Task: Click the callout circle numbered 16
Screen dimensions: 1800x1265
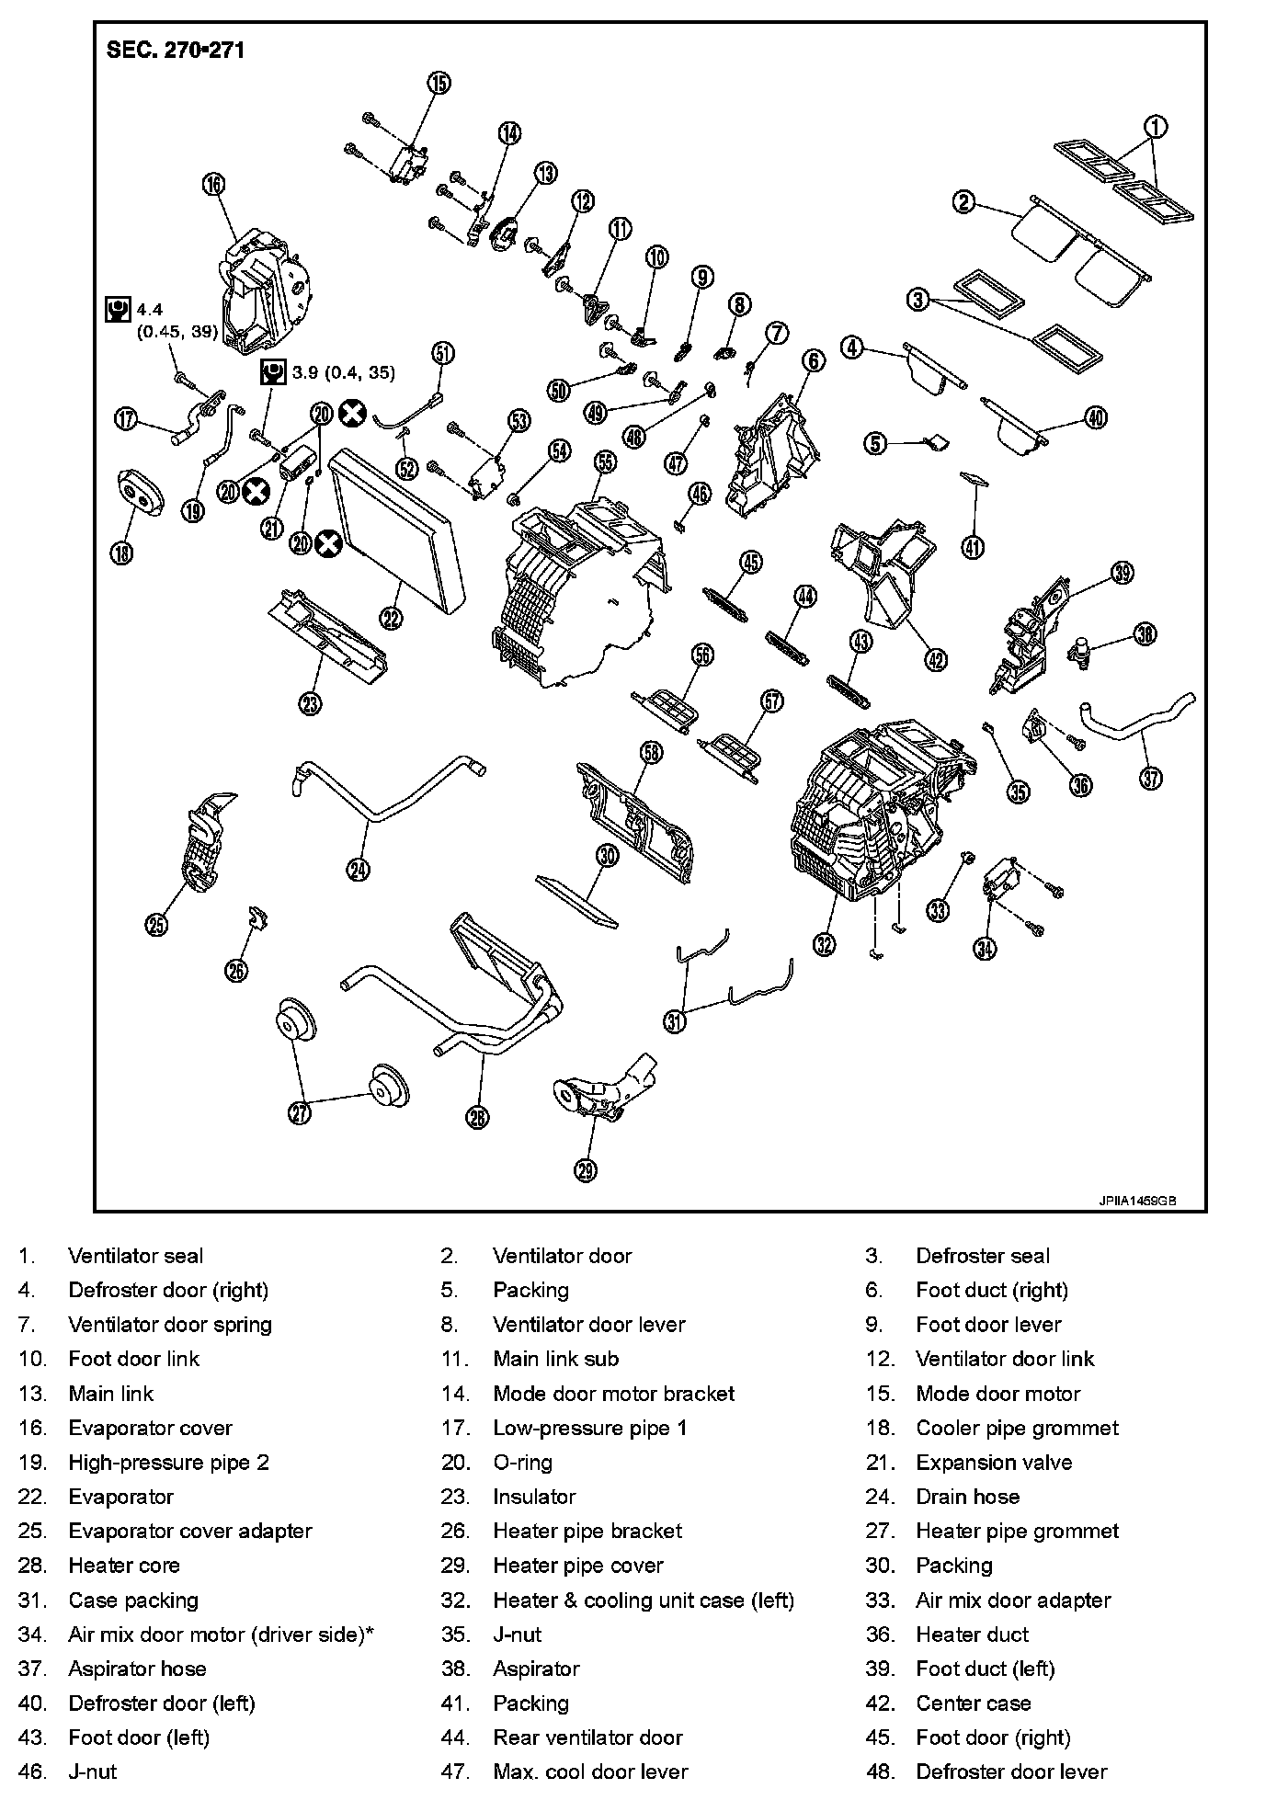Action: [x=212, y=184]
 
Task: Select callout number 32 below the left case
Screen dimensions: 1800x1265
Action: [x=824, y=942]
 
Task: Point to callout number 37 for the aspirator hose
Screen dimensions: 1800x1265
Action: [x=1150, y=777]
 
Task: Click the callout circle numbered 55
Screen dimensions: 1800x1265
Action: [x=604, y=462]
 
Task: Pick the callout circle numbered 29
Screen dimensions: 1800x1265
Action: [x=586, y=1169]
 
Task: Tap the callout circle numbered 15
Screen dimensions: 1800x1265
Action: [x=439, y=83]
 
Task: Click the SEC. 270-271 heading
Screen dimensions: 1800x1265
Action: [x=176, y=51]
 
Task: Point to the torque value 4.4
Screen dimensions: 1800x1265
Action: [x=150, y=310]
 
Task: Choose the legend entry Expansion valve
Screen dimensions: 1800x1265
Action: [x=994, y=1462]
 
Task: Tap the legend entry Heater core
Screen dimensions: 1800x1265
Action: [x=124, y=1565]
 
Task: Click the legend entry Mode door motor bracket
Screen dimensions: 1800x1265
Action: [x=613, y=1393]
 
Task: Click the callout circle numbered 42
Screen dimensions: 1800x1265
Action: [x=935, y=658]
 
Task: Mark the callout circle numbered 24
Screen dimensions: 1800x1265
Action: [x=359, y=868]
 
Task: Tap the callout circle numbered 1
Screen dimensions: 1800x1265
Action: [x=1156, y=127]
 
